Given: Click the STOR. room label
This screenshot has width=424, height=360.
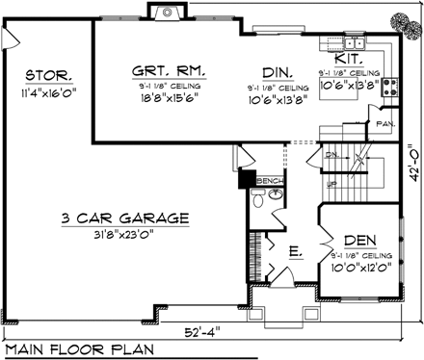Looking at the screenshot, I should tap(46, 75).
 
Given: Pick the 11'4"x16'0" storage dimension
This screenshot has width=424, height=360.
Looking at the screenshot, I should tap(45, 94).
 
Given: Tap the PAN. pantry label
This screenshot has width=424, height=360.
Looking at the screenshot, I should tap(384, 124).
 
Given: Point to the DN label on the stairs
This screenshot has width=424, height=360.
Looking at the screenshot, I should tap(331, 155).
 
